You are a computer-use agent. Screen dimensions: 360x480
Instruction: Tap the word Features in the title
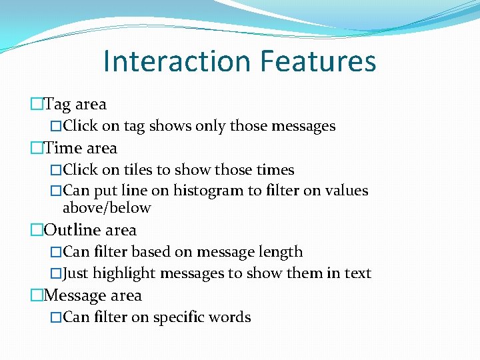tap(318, 61)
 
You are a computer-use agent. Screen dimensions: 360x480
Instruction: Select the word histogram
tap(208, 191)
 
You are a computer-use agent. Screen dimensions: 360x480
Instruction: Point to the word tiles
tap(139, 170)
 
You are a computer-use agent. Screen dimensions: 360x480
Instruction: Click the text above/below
tap(107, 208)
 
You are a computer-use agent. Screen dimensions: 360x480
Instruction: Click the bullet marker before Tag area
tap(37, 104)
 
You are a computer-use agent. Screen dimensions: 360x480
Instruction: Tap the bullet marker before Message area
tap(37, 295)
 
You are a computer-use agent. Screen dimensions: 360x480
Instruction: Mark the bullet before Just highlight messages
tap(56, 273)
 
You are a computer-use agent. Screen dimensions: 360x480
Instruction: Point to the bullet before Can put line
tap(56, 191)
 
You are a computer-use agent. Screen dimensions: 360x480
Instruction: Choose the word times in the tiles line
tap(275, 170)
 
